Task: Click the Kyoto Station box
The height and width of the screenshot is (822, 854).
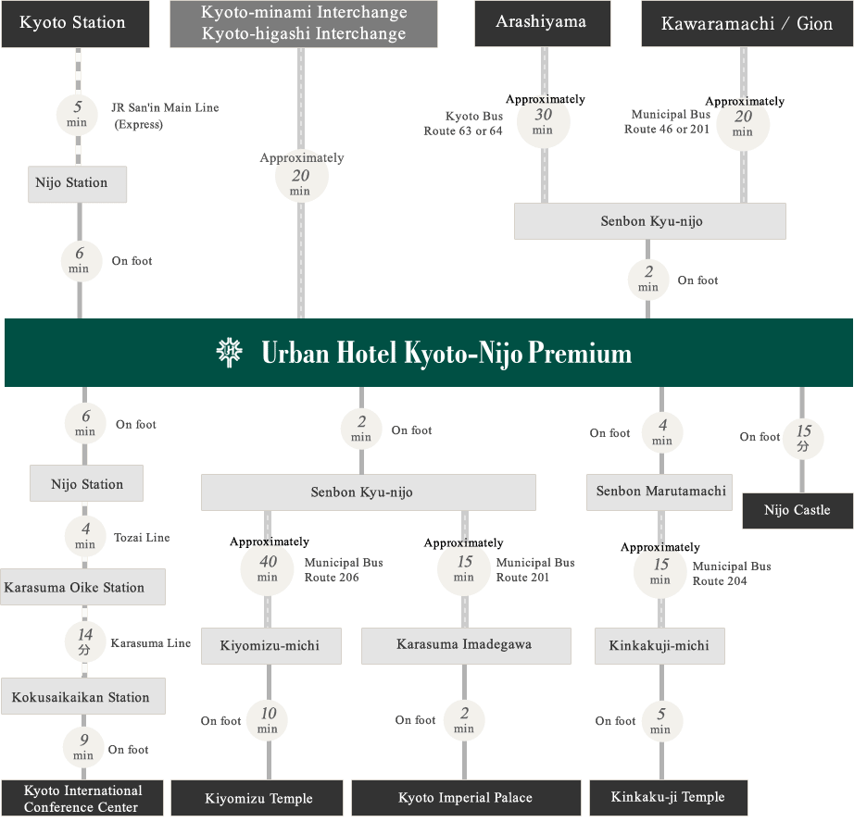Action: (74, 24)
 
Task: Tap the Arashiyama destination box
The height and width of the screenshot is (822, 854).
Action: (542, 24)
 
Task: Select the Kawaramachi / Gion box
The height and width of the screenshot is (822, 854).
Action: (747, 24)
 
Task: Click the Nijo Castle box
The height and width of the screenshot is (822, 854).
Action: (797, 510)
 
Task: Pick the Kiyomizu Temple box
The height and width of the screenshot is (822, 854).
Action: (258, 798)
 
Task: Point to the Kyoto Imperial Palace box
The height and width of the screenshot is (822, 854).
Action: (465, 798)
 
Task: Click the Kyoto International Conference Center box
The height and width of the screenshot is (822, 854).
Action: (82, 799)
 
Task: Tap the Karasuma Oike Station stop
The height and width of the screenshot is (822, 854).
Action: (82, 587)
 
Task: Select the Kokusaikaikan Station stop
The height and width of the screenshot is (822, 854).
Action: (82, 697)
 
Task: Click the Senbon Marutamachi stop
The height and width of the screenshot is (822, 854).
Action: (660, 492)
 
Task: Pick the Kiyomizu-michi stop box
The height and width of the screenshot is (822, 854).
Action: (270, 646)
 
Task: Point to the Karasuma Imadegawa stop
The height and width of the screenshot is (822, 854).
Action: (465, 645)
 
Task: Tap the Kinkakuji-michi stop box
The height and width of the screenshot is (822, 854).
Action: (659, 646)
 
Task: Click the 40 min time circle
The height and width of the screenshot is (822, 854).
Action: (268, 567)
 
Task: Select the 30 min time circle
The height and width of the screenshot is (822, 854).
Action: (543, 121)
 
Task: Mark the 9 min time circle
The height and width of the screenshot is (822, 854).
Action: (83, 746)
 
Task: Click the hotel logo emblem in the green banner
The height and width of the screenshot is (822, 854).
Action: (229, 353)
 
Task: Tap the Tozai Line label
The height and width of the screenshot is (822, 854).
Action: (142, 538)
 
